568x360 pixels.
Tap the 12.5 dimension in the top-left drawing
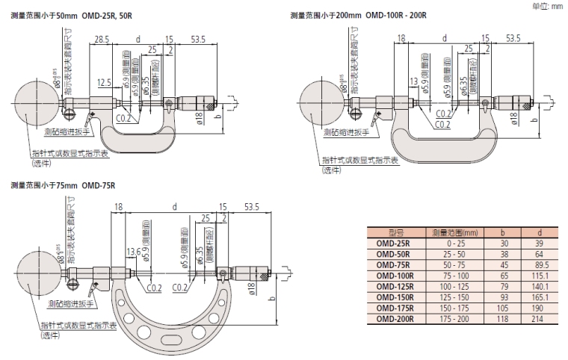[104, 81]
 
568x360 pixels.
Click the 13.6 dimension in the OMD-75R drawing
[133, 250]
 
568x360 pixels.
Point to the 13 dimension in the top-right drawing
[414, 81]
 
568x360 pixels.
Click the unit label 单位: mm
[548, 6]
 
